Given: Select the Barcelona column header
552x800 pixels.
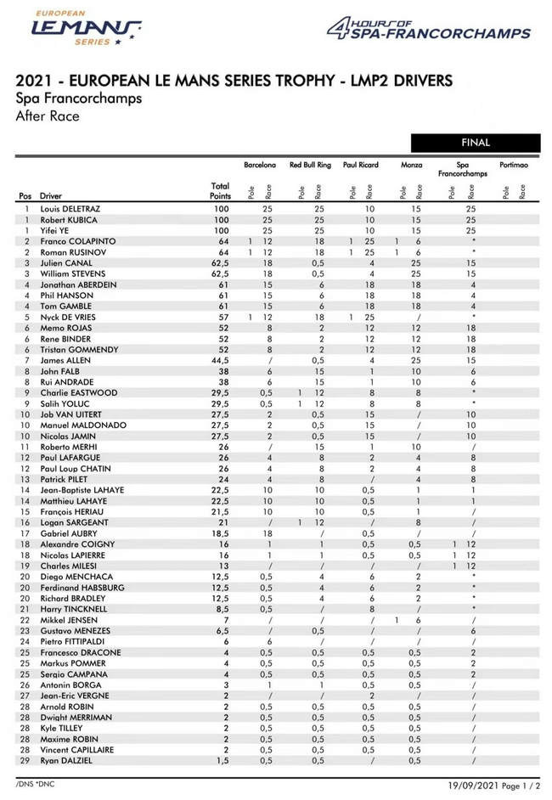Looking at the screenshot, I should [259, 164].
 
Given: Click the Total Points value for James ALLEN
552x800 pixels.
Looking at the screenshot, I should [220, 360].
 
